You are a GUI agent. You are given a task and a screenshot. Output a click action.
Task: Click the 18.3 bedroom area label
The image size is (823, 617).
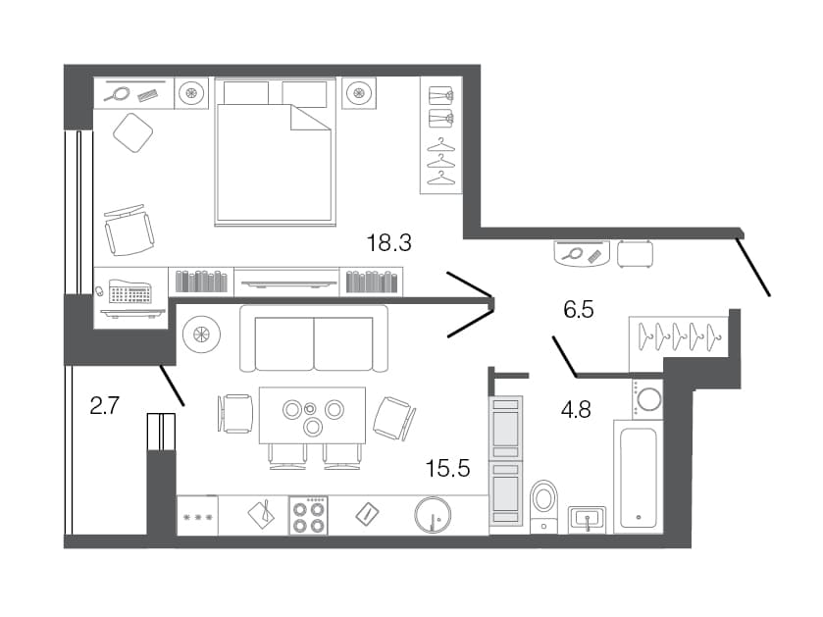[x=388, y=243]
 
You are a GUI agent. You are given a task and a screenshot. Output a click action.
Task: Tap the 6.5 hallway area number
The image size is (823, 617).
[x=579, y=310]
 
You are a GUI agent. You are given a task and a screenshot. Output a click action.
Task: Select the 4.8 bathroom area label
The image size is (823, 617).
[x=576, y=409]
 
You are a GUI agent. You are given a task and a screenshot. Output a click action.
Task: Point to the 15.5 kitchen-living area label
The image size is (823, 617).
[x=447, y=468]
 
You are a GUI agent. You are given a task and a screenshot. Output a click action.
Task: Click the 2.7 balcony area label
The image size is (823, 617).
[x=105, y=405]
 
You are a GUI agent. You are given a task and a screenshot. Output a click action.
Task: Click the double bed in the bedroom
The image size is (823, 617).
[x=275, y=152]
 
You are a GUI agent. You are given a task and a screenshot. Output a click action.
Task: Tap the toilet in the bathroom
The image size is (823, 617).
[x=543, y=506]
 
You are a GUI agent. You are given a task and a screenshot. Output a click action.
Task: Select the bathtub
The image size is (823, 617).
[x=639, y=477]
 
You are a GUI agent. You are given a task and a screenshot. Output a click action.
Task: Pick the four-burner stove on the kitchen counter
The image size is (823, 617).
[x=309, y=516]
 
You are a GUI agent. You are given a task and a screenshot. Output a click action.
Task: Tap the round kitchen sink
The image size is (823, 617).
[x=433, y=515]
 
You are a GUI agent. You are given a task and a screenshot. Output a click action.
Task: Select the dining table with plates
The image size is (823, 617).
[x=313, y=416]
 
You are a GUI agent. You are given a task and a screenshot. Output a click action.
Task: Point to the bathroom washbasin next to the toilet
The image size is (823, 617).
[x=588, y=520]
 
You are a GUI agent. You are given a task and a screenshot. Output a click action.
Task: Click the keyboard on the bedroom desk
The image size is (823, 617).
[x=130, y=291]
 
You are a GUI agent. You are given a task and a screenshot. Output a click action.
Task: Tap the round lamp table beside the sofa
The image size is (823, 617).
[x=201, y=334]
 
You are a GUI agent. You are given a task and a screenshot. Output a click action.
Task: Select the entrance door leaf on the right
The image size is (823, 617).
[x=753, y=267]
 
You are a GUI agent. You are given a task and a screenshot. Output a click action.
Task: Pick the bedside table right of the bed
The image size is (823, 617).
[x=359, y=93]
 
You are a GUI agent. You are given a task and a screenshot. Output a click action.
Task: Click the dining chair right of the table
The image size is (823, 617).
[x=394, y=418]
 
